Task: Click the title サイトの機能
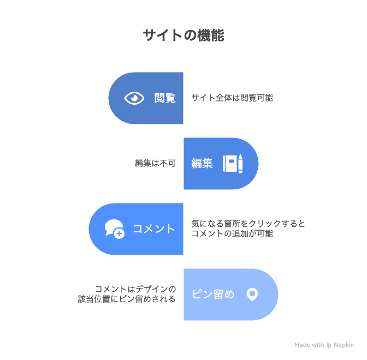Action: pyautogui.click(x=183, y=35)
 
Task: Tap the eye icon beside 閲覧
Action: pyautogui.click(x=134, y=98)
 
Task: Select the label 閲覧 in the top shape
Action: pyautogui.click(x=165, y=98)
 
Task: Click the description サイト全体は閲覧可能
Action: pyautogui.click(x=232, y=98)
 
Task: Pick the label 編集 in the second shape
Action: pyautogui.click(x=202, y=163)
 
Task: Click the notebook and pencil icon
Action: pyautogui.click(x=233, y=163)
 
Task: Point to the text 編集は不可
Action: pyautogui.click(x=155, y=163)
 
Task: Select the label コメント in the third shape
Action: pyautogui.click(x=154, y=229)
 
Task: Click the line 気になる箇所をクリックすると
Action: pyautogui.click(x=248, y=224)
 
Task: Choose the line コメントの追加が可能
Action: pyautogui.click(x=232, y=233)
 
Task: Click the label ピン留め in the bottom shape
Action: pyautogui.click(x=213, y=295)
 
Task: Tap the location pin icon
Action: pyautogui.click(x=252, y=295)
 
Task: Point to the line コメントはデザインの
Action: pyautogui.click(x=135, y=289)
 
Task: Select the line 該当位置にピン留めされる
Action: pyautogui.click(x=127, y=299)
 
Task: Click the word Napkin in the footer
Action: pyautogui.click(x=344, y=345)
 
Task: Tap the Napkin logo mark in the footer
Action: pyautogui.click(x=329, y=345)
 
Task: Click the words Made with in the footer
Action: pyautogui.click(x=309, y=345)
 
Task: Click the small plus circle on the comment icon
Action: pyautogui.click(x=119, y=233)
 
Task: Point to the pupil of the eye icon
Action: pyautogui.click(x=134, y=98)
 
